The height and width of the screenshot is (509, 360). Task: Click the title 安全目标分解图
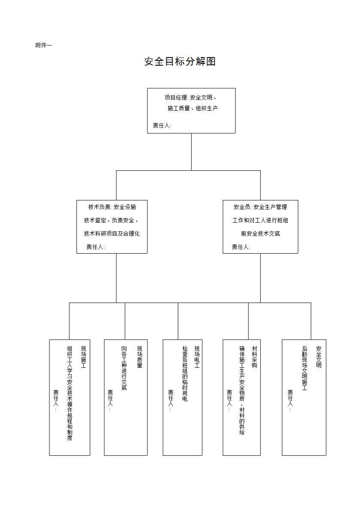[x=180, y=61]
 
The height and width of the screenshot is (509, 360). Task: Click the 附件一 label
[x=43, y=45]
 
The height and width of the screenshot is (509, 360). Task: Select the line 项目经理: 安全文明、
[x=190, y=97]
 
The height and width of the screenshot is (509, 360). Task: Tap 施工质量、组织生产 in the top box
[x=192, y=108]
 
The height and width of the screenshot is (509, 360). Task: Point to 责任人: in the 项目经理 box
[x=162, y=125]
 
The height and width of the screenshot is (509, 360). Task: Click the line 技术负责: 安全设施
[x=112, y=207]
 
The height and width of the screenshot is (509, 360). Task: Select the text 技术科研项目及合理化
[x=112, y=233]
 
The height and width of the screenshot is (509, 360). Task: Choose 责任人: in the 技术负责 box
[x=95, y=247]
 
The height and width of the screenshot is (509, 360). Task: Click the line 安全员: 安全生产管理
[x=260, y=207]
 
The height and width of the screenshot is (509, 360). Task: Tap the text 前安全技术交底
[x=261, y=233]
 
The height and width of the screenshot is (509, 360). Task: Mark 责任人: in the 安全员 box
[x=241, y=247]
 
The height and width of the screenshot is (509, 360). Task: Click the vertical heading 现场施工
[x=83, y=357]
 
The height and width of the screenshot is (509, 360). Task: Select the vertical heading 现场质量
[x=140, y=357]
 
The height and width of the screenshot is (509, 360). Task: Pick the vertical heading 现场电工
[x=197, y=357]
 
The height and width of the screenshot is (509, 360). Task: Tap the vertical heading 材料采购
[x=254, y=357]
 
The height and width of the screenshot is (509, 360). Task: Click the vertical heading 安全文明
[x=319, y=357]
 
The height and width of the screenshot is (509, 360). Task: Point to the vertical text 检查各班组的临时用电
[x=185, y=374]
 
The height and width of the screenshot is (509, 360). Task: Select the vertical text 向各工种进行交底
[x=124, y=368]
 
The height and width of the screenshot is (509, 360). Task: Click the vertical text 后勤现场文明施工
[x=304, y=368]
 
